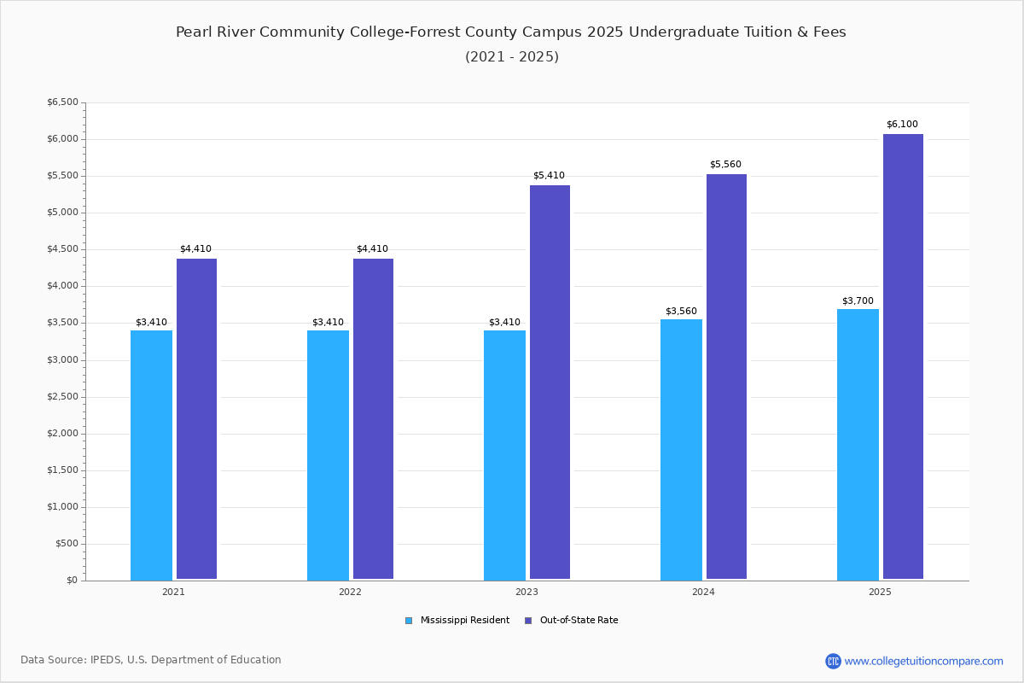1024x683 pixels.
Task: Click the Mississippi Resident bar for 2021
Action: coord(151,455)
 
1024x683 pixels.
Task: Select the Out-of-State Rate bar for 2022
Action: coord(373,418)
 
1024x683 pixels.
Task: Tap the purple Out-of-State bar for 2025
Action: coord(903,356)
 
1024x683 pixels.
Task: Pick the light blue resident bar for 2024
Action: coord(681,450)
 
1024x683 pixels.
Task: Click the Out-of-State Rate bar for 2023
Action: coord(550,382)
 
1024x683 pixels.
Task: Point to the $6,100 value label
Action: coord(902,124)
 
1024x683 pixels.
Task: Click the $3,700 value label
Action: coord(858,301)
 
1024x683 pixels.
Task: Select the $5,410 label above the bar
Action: coord(549,175)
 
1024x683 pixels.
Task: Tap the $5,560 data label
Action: coord(725,164)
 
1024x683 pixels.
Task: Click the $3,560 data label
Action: coord(681,311)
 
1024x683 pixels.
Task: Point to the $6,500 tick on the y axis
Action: coord(62,102)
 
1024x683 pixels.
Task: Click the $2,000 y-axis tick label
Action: coord(62,433)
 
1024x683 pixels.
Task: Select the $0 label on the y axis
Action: coord(73,580)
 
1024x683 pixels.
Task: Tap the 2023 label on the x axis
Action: coord(527,592)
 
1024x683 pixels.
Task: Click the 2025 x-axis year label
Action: coord(880,592)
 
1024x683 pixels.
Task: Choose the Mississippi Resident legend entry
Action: coord(457,621)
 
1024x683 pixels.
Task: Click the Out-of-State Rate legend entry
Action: coord(572,621)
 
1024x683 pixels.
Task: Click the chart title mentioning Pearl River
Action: coord(511,32)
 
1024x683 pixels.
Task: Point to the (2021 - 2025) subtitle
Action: coord(512,56)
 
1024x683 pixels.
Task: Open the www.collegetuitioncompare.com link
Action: coord(915,661)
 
